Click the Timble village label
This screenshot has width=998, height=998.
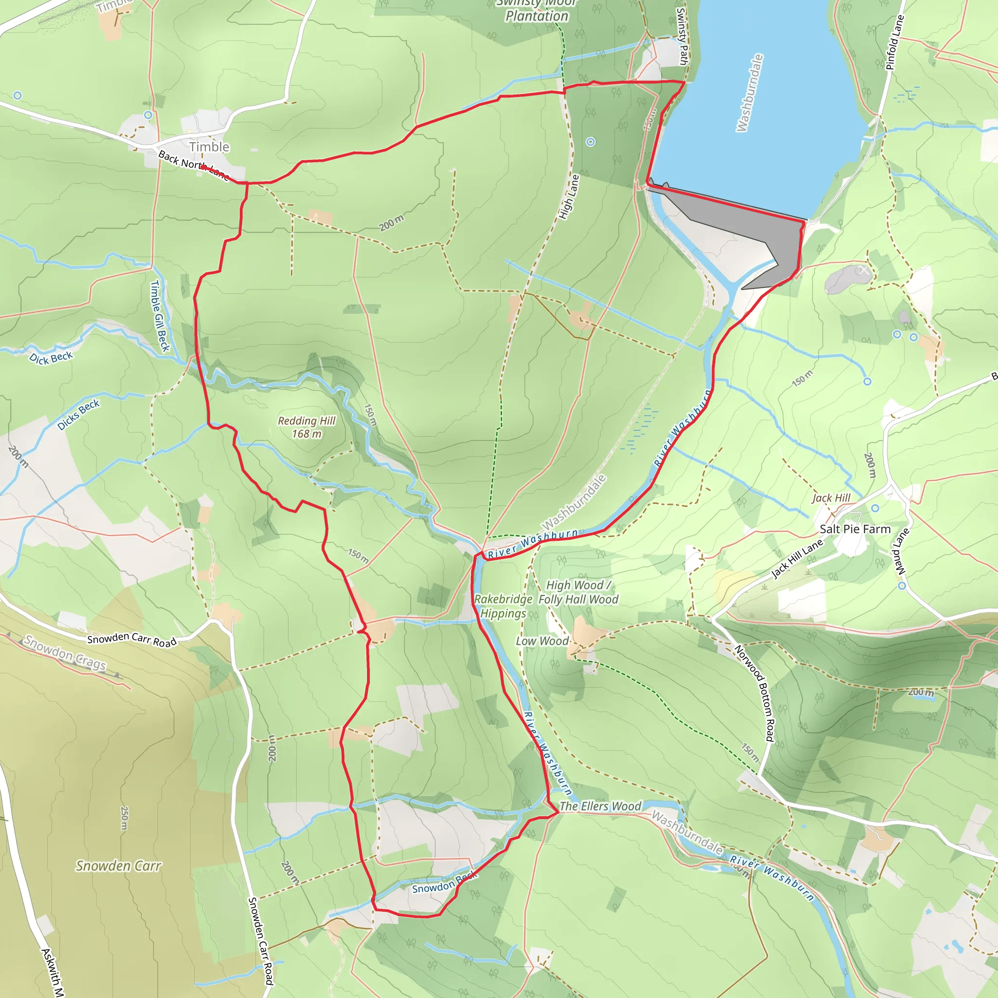(209, 147)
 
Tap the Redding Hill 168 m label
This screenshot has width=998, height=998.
(307, 427)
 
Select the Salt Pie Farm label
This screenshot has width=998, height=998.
(855, 529)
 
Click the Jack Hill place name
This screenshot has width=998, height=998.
(831, 498)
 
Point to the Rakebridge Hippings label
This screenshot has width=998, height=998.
(502, 606)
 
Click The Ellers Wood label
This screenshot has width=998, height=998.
(600, 806)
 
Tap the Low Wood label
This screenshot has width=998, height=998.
(542, 641)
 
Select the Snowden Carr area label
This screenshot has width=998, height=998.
(118, 866)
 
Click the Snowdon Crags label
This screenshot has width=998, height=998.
(65, 653)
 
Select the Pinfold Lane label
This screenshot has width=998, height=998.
(895, 42)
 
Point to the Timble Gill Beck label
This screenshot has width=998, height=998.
(160, 316)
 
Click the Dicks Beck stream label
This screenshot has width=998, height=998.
(78, 415)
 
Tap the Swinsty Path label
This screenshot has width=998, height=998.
(682, 36)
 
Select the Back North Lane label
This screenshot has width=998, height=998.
(194, 165)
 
